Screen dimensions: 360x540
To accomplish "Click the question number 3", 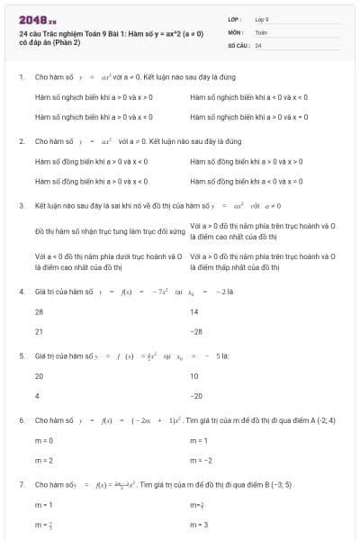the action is (x=22, y=206).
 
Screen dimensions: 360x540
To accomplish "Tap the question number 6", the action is (x=22, y=420).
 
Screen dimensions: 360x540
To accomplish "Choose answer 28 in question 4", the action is (x=39, y=311).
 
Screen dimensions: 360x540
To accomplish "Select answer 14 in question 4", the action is (x=194, y=311).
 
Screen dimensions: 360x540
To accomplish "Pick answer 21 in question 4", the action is (x=39, y=331).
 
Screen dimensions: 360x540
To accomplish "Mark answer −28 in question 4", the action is (x=196, y=331).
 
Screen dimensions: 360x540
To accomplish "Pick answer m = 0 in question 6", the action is (x=44, y=440).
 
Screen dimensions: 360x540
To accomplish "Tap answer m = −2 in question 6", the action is (x=202, y=460).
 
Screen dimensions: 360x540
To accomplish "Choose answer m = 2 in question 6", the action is (x=44, y=460).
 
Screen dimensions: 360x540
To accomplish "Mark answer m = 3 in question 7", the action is (x=200, y=525).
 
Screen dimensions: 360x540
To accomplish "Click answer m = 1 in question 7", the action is (x=44, y=505).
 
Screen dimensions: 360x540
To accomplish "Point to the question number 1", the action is (x=22, y=76).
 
